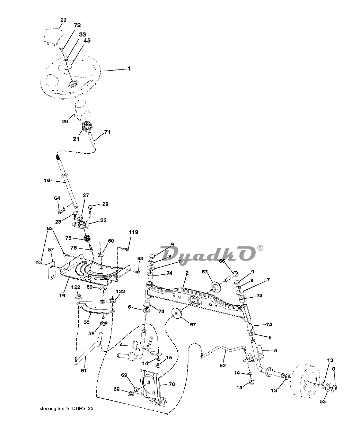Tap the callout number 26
[x=63, y=20]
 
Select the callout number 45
[x=87, y=40]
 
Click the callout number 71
[x=107, y=132]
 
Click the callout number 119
[x=133, y=232]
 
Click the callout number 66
[x=222, y=261]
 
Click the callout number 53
[x=323, y=401]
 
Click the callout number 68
[x=116, y=389]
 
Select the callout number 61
[x=83, y=371]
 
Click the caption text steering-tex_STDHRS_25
[x=66, y=409]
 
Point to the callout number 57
[x=51, y=249]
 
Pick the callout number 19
[x=62, y=286]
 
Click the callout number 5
[x=275, y=351]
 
